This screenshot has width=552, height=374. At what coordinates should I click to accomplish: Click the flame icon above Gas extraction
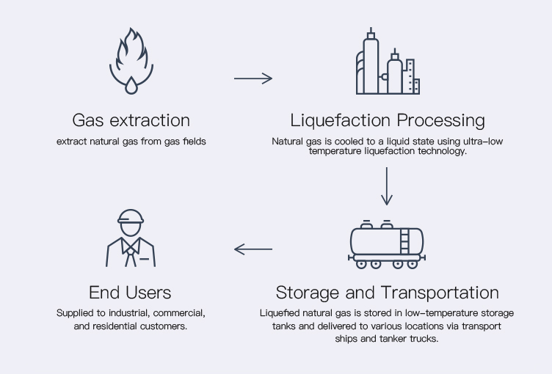131,62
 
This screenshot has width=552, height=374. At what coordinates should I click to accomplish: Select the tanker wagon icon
387,243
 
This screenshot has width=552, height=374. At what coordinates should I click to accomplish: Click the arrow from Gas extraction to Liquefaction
253,78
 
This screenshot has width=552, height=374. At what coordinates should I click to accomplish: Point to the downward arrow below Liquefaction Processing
387,186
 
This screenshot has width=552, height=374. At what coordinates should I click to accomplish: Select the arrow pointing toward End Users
253,249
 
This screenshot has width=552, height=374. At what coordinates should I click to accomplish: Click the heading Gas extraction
131,120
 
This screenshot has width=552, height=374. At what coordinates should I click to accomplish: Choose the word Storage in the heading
308,293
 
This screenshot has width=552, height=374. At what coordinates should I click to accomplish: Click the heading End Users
131,293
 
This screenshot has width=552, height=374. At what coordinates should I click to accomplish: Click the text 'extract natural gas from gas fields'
131,141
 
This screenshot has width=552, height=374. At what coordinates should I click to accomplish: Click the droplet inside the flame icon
131,87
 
